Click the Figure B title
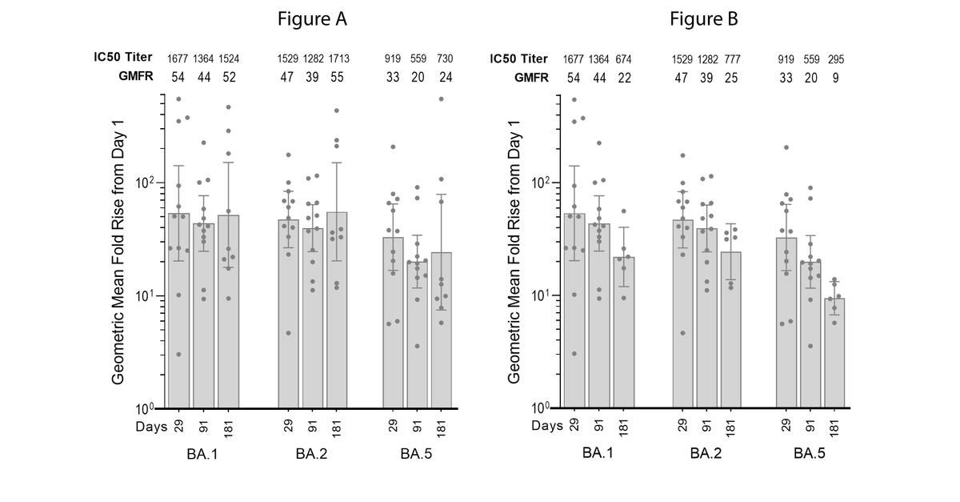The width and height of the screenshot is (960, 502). click(704, 19)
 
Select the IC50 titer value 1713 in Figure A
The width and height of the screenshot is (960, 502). click(339, 59)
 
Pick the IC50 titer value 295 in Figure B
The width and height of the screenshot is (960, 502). click(836, 59)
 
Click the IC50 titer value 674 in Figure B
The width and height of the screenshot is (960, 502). click(625, 59)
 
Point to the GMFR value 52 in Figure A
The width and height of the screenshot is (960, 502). click(229, 78)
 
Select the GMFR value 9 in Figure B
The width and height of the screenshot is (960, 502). click(836, 78)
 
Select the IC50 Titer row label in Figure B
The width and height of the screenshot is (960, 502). click(518, 58)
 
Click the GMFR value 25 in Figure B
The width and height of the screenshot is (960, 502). click(730, 78)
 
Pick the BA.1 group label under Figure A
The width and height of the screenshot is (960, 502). click(203, 455)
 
